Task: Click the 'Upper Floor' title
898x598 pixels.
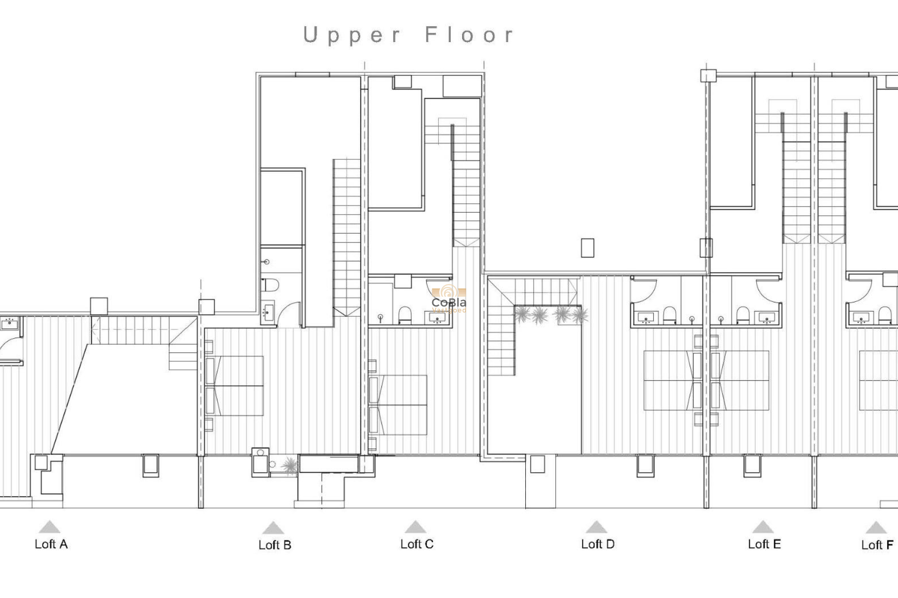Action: click(409, 35)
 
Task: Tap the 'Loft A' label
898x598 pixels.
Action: click(51, 544)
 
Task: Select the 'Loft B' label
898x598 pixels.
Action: click(275, 545)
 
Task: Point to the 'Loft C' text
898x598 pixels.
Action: click(417, 544)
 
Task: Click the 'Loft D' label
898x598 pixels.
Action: click(597, 544)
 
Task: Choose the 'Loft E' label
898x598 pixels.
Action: click(764, 544)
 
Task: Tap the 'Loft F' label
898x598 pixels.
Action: click(877, 545)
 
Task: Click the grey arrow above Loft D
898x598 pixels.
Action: click(596, 527)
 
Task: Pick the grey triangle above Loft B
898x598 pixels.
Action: click(273, 528)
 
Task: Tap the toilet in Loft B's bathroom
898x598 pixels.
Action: click(271, 285)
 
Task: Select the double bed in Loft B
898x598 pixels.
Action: click(235, 386)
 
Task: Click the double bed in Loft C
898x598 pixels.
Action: click(398, 405)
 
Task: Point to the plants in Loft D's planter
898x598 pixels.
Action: click(550, 315)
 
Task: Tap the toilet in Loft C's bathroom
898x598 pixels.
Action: click(405, 315)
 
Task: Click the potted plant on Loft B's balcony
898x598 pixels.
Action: click(290, 465)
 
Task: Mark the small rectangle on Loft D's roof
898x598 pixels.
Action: click(587, 248)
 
